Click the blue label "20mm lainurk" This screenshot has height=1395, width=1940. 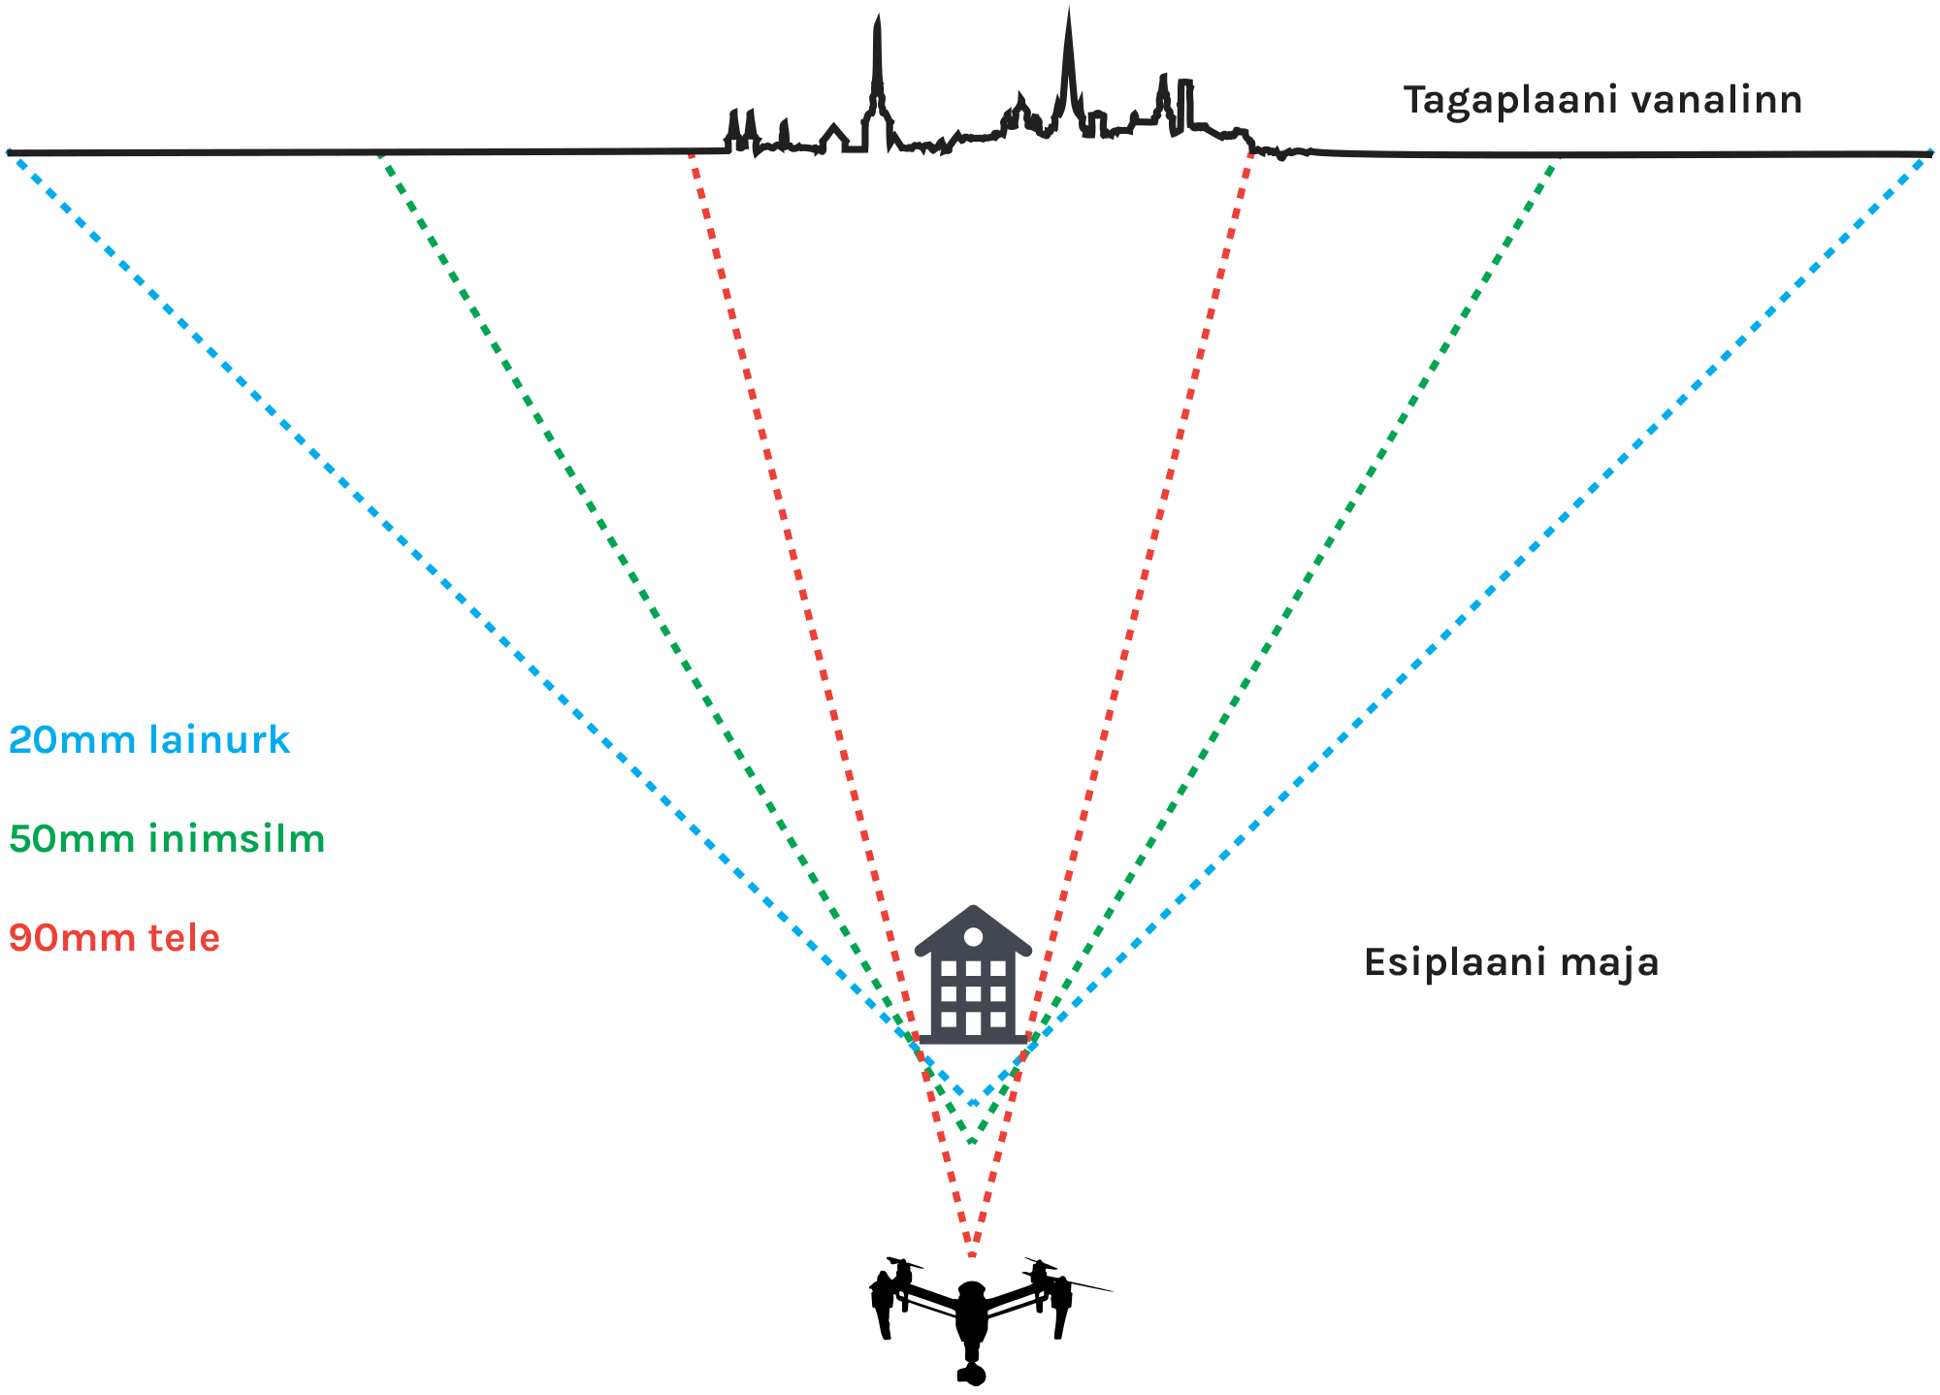pos(149,740)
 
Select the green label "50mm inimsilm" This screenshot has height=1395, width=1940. pos(167,839)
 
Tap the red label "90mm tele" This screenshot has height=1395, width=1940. pos(114,938)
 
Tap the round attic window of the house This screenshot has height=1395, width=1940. pos(973,936)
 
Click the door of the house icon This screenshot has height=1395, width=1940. pos(973,1022)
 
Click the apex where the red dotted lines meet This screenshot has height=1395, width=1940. pos(972,1253)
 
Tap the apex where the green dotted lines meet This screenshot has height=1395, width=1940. pos(972,1142)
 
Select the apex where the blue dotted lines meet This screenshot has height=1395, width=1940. pos(972,1103)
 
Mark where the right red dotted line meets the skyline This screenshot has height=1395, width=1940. pos(1251,151)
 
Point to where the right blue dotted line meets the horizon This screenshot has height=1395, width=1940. pos(1929,154)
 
